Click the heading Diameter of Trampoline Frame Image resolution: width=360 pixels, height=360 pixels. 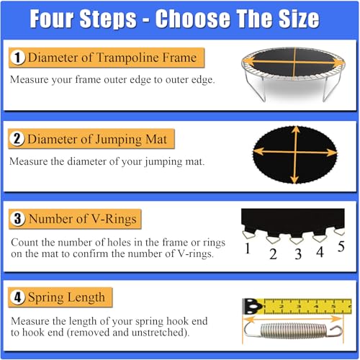pos(111,57)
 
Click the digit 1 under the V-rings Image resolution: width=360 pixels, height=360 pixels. pos(246,250)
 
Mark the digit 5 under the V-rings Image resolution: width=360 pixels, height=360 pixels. pos(341,246)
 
